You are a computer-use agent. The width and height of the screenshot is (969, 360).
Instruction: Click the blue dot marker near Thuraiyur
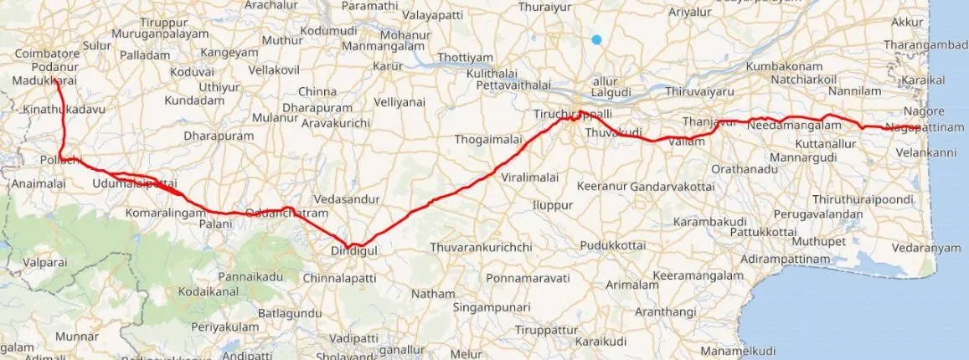click(595, 39)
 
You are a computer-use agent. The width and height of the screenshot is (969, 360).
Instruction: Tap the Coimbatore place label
click(46, 54)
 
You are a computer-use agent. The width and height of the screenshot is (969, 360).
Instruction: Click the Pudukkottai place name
click(611, 245)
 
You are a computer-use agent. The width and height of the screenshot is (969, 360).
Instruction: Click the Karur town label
click(388, 65)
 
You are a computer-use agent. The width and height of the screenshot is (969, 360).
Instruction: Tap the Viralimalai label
click(530, 178)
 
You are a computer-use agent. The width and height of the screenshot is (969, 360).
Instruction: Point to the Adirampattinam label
click(784, 260)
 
